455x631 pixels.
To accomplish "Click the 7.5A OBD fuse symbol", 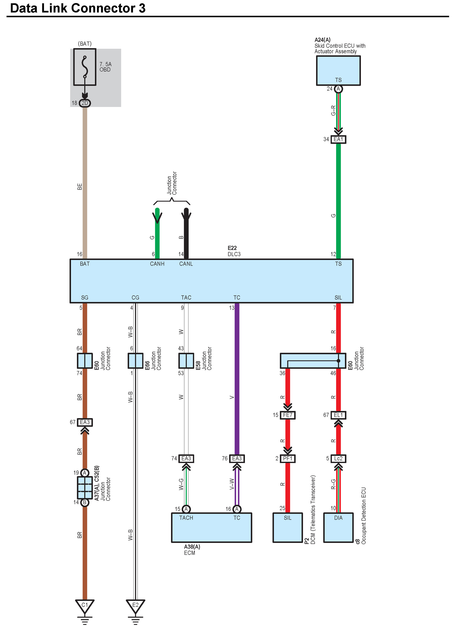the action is click(x=85, y=67).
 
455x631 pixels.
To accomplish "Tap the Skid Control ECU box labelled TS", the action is click(x=338, y=71).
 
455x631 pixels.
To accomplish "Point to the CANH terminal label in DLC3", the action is click(x=157, y=264).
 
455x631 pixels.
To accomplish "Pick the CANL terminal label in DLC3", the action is click(x=186, y=264).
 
